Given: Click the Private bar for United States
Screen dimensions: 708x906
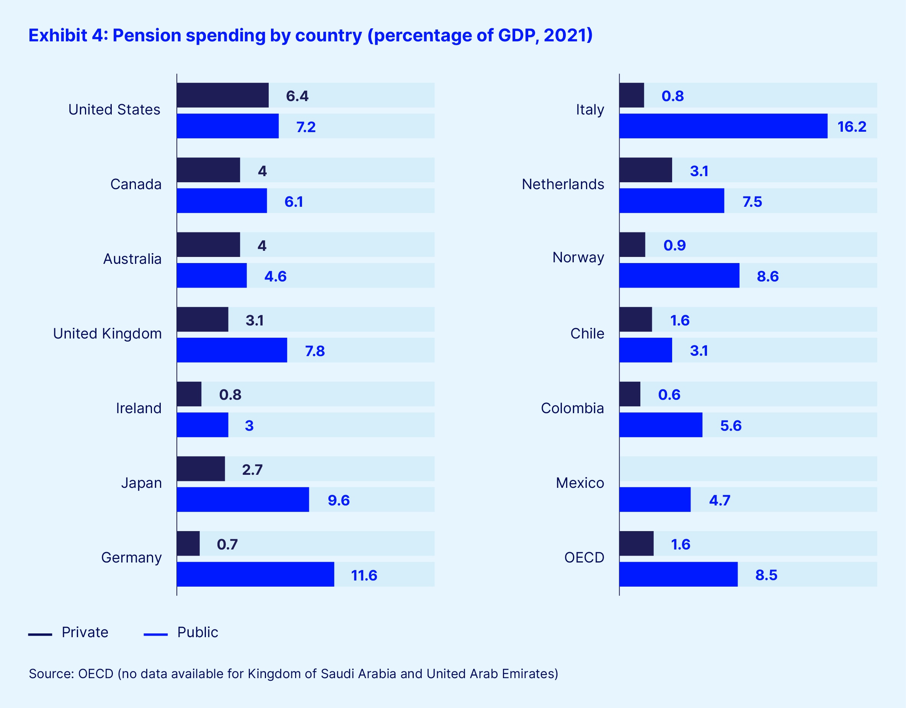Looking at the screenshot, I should coord(223,95).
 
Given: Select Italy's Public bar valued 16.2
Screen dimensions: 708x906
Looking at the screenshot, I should coord(723,126).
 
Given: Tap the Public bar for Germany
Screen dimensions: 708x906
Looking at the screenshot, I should coord(255,574).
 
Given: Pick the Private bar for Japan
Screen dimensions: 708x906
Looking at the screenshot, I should coord(201,469).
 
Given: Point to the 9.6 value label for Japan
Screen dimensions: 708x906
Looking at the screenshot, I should coord(338,500).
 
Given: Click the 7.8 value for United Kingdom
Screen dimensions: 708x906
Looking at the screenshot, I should coord(315,351).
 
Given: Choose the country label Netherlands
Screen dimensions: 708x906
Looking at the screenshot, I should coord(563,184).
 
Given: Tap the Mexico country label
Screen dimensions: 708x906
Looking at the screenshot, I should coord(580,483).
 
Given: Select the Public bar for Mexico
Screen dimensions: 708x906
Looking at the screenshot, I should coord(655,500).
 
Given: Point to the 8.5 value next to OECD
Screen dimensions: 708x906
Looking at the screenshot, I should coord(766,575).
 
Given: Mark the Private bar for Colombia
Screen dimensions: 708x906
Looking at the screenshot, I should coord(630,394).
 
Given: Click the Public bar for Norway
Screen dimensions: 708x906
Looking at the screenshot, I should coord(679,276).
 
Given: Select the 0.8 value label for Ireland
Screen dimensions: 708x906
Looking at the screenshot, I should coord(230,395).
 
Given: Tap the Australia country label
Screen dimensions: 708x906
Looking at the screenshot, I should coord(132,259).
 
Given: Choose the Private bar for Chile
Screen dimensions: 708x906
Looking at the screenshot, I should coord(635,319).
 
